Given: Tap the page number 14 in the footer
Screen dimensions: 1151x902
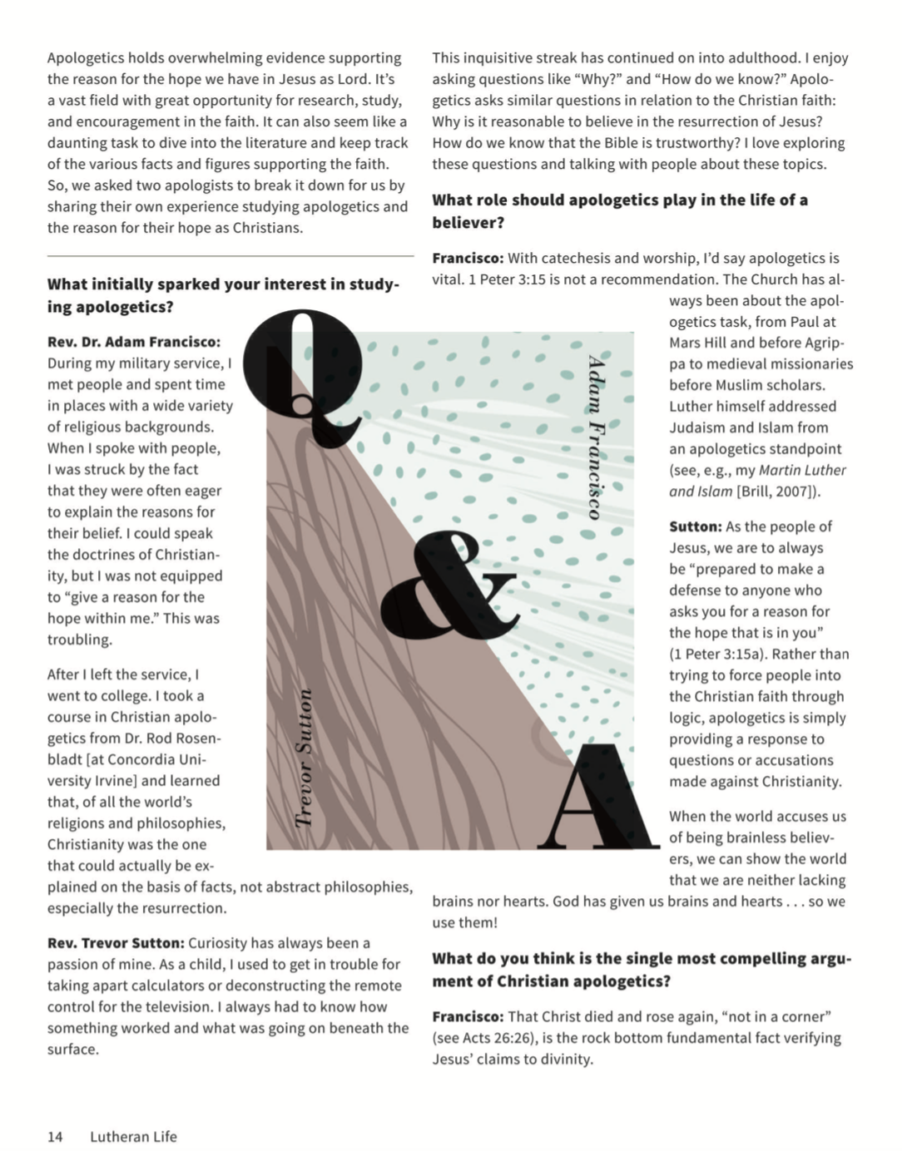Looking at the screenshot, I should (x=55, y=1137).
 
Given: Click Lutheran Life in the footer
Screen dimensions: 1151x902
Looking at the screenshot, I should (x=133, y=1137).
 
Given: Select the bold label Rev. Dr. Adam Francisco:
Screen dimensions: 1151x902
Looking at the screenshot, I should (x=134, y=342).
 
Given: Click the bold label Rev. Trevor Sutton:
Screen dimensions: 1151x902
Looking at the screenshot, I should (x=116, y=943).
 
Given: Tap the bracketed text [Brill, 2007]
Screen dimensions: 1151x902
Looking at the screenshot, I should (x=778, y=492).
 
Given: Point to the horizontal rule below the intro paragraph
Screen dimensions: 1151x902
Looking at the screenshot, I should (x=230, y=256).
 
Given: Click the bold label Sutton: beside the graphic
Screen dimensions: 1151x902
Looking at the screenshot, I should (x=696, y=526).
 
